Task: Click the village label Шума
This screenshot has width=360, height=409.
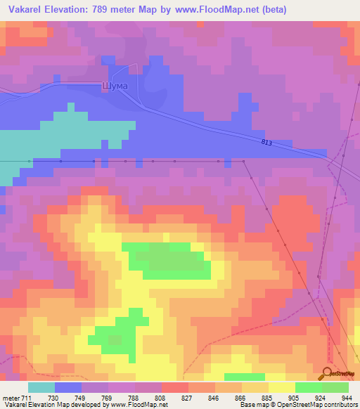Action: [x=115, y=86]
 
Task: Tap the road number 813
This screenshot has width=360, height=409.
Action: [x=266, y=143]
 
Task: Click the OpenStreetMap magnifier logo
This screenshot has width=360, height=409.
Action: [x=328, y=374]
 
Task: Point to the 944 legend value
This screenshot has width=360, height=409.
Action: [x=347, y=398]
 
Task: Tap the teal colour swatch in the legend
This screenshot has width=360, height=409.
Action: [x=41, y=387]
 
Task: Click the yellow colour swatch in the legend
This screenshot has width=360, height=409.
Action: [x=282, y=387]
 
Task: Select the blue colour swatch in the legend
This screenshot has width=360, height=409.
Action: [x=68, y=387]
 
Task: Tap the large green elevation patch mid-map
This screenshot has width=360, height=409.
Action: [x=169, y=260]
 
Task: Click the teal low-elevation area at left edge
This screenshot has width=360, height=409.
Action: [x=21, y=148]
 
